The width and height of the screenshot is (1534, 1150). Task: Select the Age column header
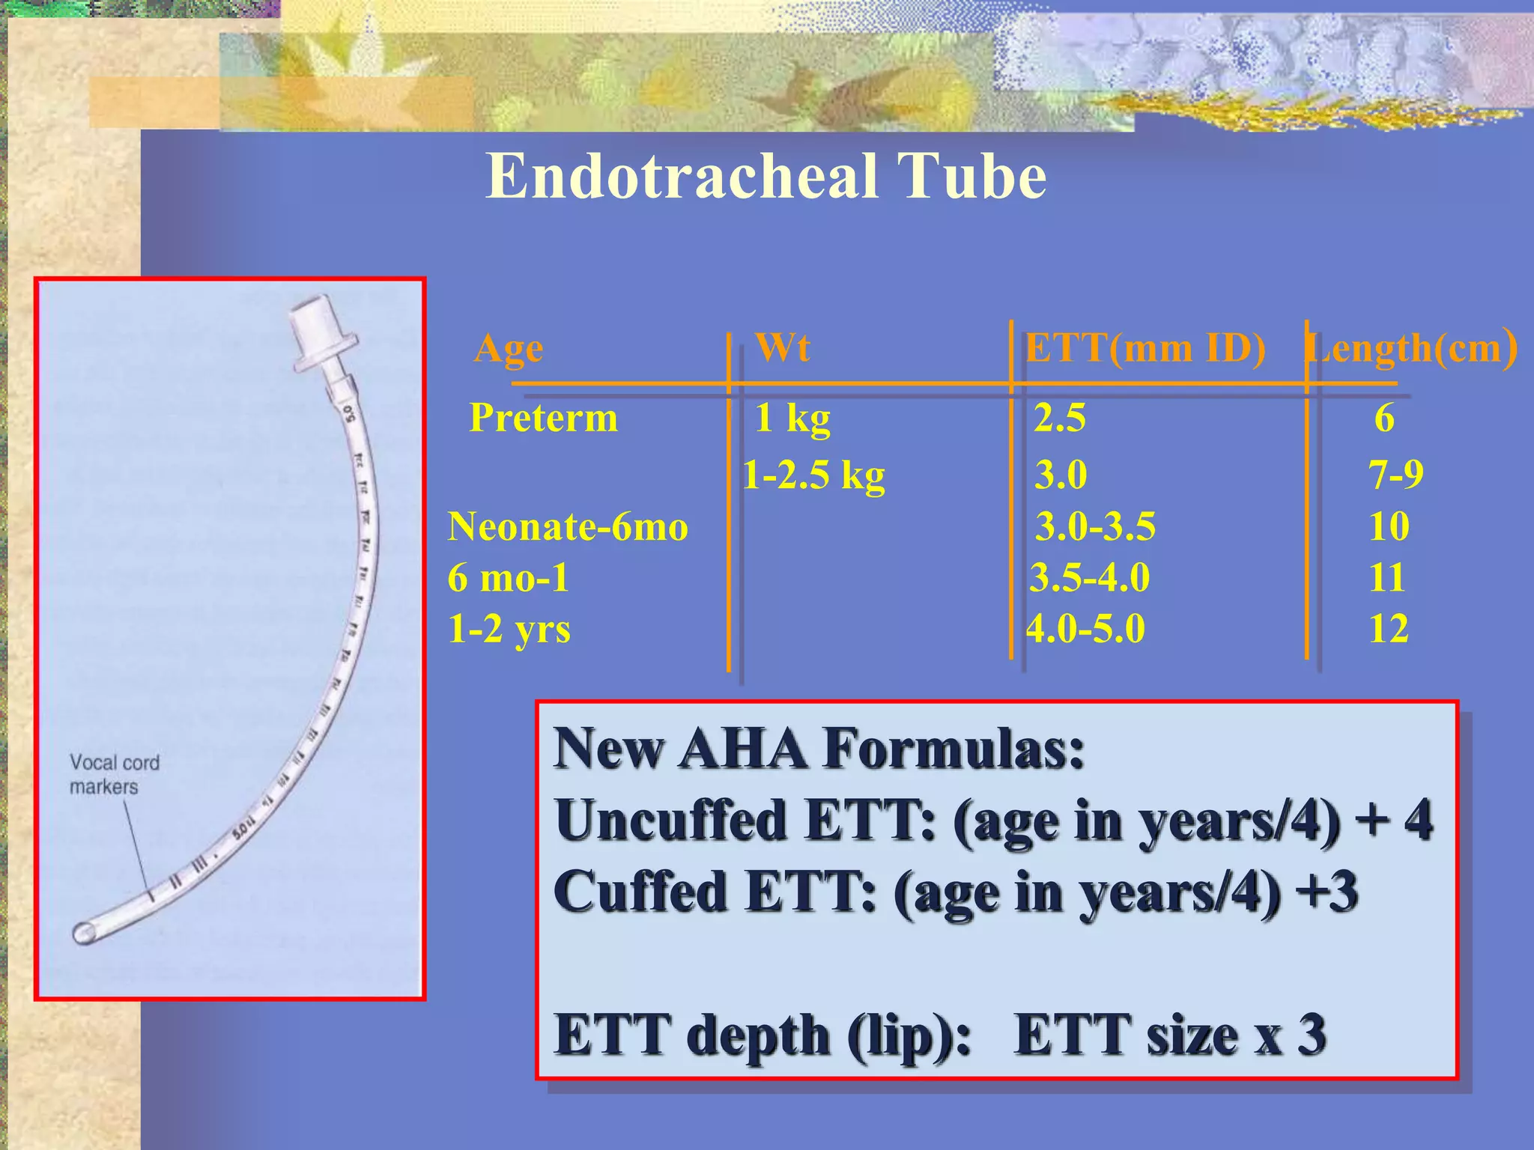(509, 349)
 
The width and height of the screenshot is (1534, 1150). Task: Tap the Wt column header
(783, 347)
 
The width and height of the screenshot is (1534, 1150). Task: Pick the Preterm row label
(543, 418)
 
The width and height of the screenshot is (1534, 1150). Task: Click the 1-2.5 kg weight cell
(813, 475)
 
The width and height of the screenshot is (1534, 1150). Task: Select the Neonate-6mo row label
(568, 526)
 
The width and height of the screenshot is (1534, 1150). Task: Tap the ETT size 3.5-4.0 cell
(1090, 577)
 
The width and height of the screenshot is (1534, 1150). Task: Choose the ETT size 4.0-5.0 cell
(1085, 629)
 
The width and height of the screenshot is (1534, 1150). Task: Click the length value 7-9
(1395, 475)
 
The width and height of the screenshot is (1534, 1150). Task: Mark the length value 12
(1389, 629)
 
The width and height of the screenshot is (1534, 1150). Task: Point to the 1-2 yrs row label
(509, 629)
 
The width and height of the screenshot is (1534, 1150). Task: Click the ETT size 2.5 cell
(1060, 418)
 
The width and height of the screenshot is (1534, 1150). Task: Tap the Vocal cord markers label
(114, 774)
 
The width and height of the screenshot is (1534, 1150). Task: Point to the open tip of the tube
(83, 933)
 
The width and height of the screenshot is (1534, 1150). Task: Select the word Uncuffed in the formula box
(670, 821)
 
